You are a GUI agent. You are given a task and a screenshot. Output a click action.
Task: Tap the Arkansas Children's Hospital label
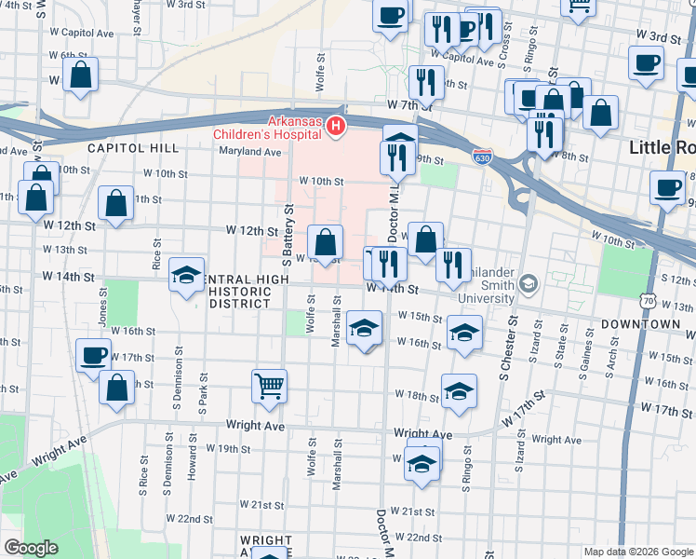pos(294,128)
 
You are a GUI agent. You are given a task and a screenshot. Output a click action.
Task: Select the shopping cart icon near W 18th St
pos(269,384)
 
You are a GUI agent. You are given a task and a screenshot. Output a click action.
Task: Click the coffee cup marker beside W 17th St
pos(94,355)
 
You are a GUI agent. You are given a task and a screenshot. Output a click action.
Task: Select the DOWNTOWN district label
pos(641,323)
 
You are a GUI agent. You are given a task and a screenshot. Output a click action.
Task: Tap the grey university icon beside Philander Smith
pos(529,282)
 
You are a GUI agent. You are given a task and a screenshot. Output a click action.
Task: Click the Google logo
pos(32,548)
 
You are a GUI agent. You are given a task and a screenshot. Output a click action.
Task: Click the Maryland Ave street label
pos(250,152)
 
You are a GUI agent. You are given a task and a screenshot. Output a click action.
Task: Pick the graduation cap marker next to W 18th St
pos(459,391)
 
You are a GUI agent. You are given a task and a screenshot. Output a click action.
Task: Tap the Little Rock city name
pos(662,147)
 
